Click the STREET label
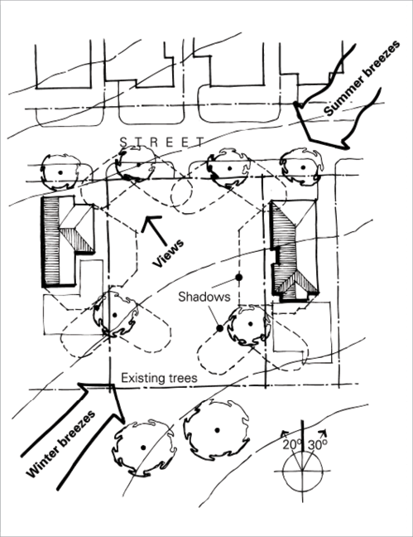[x=162, y=142]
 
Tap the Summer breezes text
[x=362, y=78]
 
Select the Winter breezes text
[x=60, y=444]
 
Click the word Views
[x=168, y=253]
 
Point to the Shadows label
[x=204, y=297]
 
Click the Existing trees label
[x=160, y=378]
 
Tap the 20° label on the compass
[x=292, y=445]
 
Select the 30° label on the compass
[x=317, y=444]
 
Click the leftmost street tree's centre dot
[x=60, y=172]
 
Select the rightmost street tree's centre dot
[x=303, y=167]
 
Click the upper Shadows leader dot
[x=239, y=277]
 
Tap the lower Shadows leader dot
[x=219, y=328]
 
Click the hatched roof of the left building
[x=51, y=241]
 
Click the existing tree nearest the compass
[x=216, y=430]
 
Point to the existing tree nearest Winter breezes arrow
[x=143, y=447]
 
